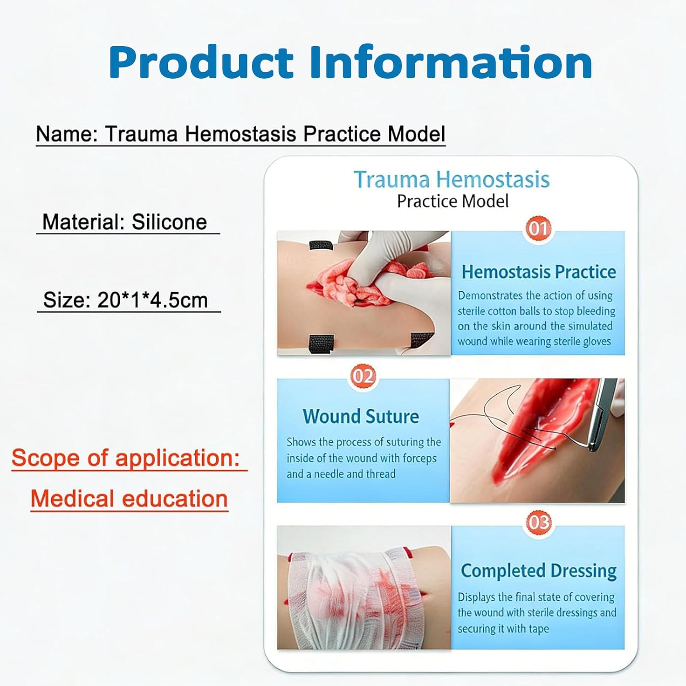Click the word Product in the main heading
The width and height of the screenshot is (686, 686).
point(201,63)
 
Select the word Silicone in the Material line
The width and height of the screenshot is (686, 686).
point(169,222)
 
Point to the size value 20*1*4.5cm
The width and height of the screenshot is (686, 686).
point(152,300)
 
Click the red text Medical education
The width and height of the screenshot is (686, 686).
point(129,498)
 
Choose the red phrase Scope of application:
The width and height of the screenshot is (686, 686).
point(126,457)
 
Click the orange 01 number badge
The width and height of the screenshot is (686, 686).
point(538,228)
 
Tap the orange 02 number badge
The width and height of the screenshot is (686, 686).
point(363,376)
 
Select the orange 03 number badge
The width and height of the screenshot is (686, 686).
point(538,522)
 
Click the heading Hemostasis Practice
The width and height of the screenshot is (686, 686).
point(539,272)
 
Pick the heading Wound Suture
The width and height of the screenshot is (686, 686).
point(361,416)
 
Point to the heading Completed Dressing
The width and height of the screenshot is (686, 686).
point(538,571)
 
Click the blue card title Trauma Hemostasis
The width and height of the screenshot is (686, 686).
point(452,179)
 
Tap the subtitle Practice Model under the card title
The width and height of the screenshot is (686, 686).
point(453,201)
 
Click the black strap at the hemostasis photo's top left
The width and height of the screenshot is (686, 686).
point(321,245)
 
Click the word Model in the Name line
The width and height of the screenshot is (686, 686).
point(416,134)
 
